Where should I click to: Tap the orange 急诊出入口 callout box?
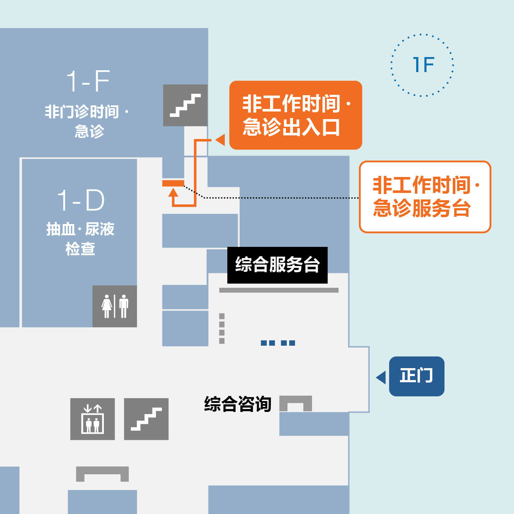295,115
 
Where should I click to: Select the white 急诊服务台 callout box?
425,197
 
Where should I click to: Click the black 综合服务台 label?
277,265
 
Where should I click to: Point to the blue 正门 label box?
417,376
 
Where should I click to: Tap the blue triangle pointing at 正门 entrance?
381,378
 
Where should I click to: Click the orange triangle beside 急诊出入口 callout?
220,140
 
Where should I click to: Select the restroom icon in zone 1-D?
115,306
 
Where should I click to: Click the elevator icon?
93,419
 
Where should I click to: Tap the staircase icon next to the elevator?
146,419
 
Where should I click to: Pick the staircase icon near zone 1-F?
185,105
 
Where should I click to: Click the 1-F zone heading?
88,81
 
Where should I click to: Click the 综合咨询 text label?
238,404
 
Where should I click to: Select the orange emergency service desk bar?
173,183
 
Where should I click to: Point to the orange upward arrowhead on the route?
173,193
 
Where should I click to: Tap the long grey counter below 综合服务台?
279,290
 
